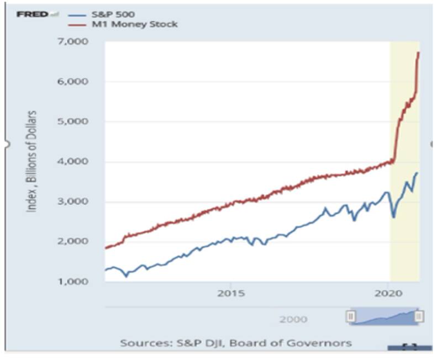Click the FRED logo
point(33,14)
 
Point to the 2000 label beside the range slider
point(293,319)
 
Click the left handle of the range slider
point(350,316)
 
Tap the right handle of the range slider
point(419,316)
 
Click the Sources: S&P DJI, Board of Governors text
point(236,343)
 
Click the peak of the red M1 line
point(419,52)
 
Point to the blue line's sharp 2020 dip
point(393,217)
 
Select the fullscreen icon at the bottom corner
point(409,347)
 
